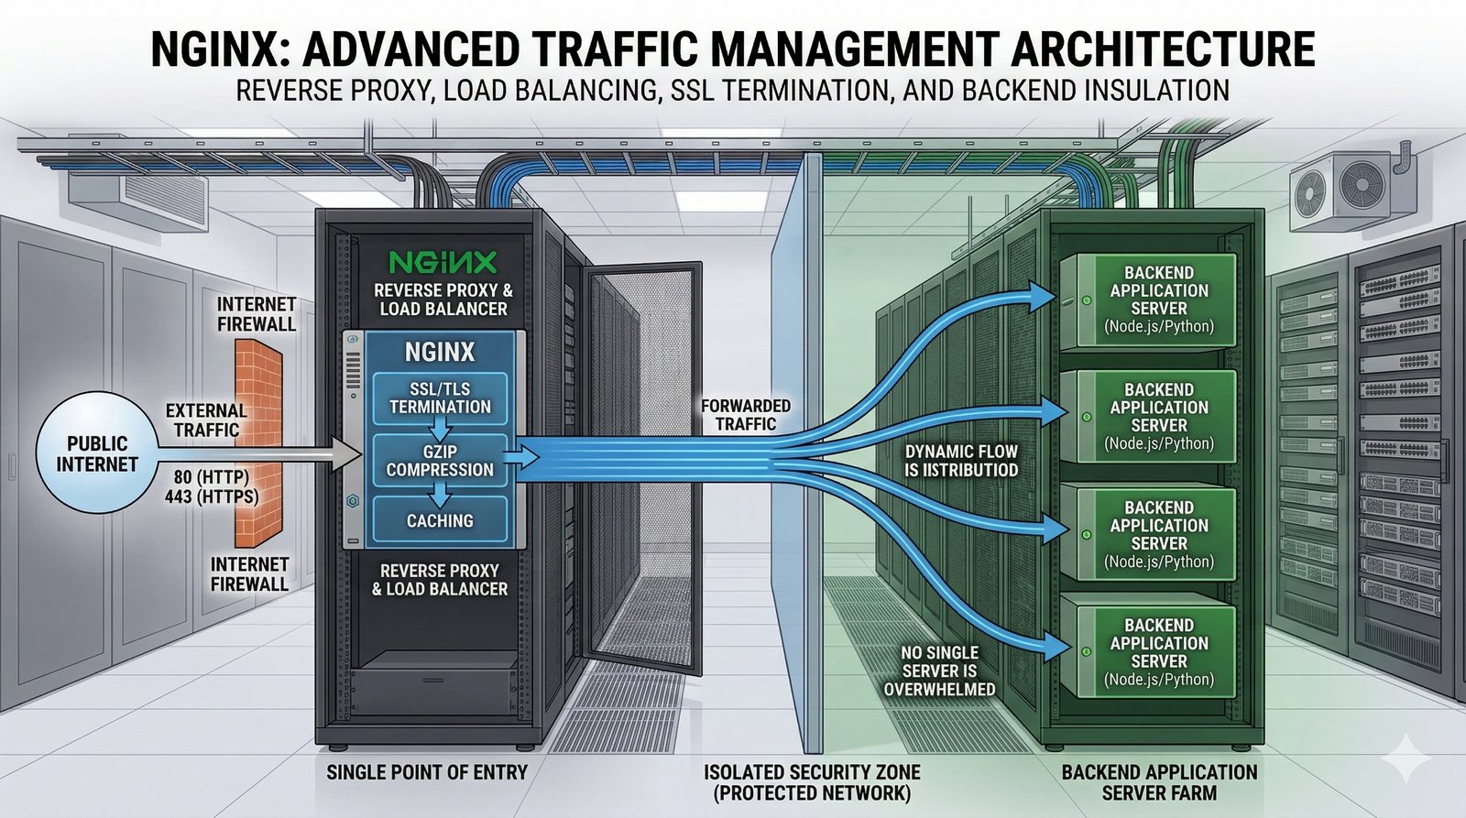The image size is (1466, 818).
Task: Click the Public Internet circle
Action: [x=95, y=453]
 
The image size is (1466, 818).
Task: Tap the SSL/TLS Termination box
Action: [x=440, y=398]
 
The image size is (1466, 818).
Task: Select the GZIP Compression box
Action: [x=440, y=461]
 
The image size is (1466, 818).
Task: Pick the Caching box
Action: [x=440, y=520]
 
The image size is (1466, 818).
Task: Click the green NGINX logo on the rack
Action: [x=443, y=263]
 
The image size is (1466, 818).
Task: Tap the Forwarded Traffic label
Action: [x=746, y=415]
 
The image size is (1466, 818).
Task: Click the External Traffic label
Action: [x=206, y=420]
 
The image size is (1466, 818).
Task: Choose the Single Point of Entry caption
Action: [x=427, y=772]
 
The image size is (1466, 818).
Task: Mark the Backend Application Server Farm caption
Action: [x=1159, y=782]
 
